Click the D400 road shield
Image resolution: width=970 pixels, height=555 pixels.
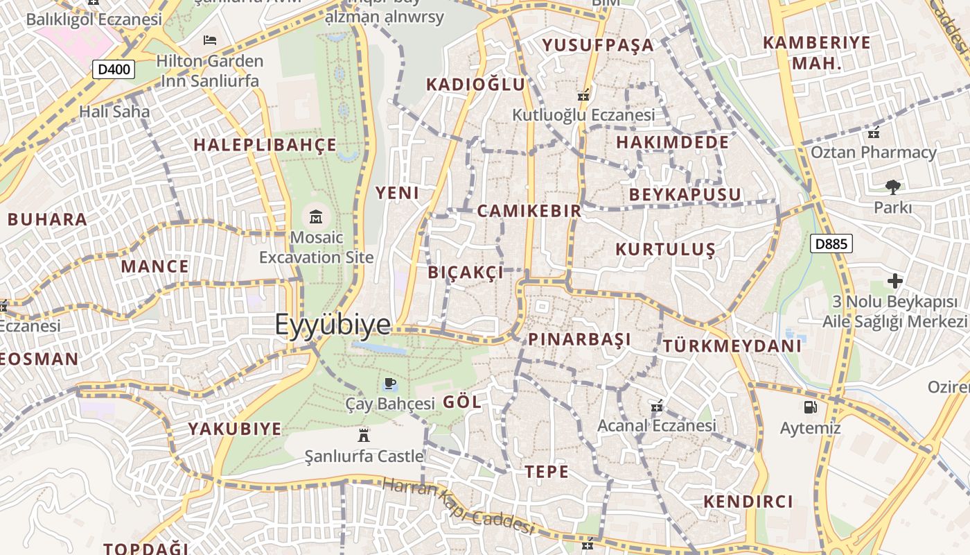[x=114, y=69]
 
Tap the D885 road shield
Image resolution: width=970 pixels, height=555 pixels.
[x=831, y=244]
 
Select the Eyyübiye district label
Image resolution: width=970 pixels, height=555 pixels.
[x=333, y=325]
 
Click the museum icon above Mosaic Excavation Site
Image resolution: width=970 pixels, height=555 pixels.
[x=317, y=216]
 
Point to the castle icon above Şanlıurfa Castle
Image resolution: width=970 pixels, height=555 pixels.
[x=363, y=435]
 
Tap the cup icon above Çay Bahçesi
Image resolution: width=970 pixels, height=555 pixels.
[x=390, y=383]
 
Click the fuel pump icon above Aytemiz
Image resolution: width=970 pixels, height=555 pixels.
[x=810, y=407]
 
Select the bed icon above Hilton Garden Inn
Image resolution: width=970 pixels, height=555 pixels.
[x=210, y=40]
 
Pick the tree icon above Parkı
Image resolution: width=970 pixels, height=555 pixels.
[x=892, y=186]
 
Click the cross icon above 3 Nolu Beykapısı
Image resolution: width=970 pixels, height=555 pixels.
[x=894, y=281]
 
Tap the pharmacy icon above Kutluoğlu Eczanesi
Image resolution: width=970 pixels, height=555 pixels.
[x=583, y=95]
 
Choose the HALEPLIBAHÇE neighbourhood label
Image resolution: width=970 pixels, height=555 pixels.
[x=265, y=145]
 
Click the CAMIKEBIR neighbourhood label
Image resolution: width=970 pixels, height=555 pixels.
[x=529, y=211]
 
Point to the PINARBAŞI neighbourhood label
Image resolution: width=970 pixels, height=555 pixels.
[x=580, y=339]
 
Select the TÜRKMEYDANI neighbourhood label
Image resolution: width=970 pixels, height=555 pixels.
[x=732, y=345]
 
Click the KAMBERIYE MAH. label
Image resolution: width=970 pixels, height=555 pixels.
[x=816, y=53]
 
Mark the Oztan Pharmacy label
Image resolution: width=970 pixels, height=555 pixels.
[x=873, y=152]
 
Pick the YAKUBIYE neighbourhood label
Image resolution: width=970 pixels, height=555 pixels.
[x=235, y=429]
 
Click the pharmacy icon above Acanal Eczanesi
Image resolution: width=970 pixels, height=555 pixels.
[x=657, y=405]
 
